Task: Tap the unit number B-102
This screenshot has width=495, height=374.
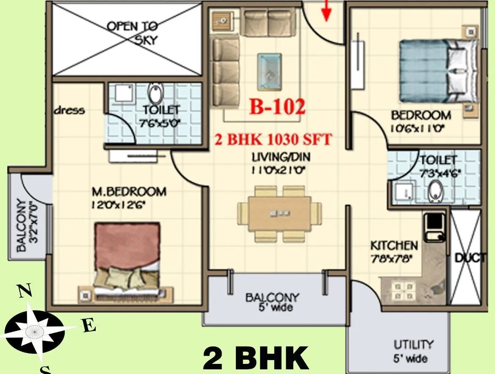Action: (277, 107)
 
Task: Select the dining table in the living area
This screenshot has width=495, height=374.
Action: (274, 214)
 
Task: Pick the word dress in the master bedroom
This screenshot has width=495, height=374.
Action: (69, 111)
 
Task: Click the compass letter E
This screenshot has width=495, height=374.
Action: (89, 326)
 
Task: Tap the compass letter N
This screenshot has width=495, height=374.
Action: (25, 291)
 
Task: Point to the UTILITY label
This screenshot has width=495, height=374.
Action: (413, 344)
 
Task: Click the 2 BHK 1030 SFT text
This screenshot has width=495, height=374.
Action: (273, 139)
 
